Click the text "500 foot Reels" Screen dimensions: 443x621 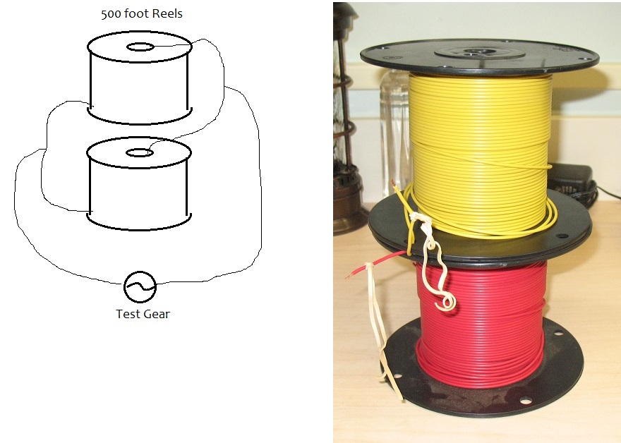pyautogui.click(x=142, y=14)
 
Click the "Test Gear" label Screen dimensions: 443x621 pyautogui.click(x=143, y=314)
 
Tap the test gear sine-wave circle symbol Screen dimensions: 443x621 pyautogui.click(x=140, y=286)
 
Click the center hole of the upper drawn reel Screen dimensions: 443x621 pyautogui.click(x=140, y=47)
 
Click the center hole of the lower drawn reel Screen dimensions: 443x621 pyautogui.click(x=140, y=152)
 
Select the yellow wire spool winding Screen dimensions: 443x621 pyautogui.click(x=480, y=141)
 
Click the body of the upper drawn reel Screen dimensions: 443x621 pyautogui.click(x=140, y=85)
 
